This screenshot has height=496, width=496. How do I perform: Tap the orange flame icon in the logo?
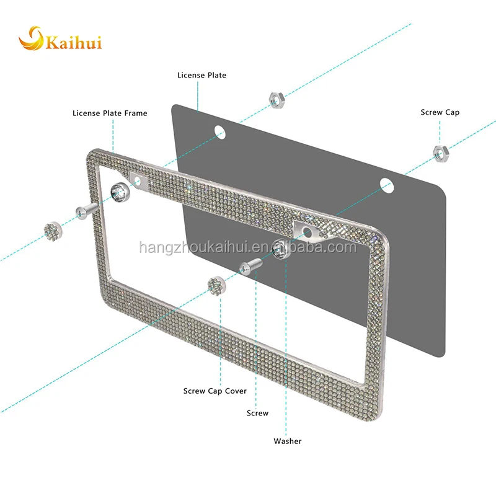[31, 39]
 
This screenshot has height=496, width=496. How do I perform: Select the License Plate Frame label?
[110, 113]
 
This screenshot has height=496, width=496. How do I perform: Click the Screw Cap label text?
[440, 112]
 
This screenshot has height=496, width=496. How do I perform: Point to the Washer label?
[288, 441]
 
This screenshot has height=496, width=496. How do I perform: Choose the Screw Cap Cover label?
[215, 391]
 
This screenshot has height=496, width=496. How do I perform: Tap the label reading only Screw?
[257, 413]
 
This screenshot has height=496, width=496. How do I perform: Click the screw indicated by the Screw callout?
[250, 265]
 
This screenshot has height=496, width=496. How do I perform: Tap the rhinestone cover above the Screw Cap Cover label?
[216, 286]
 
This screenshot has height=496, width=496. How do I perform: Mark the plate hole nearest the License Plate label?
[218, 131]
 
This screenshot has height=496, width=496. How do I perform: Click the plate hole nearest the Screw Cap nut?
[386, 184]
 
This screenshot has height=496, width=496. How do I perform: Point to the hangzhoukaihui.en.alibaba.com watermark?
[247, 248]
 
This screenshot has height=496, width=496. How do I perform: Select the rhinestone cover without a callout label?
[52, 231]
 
